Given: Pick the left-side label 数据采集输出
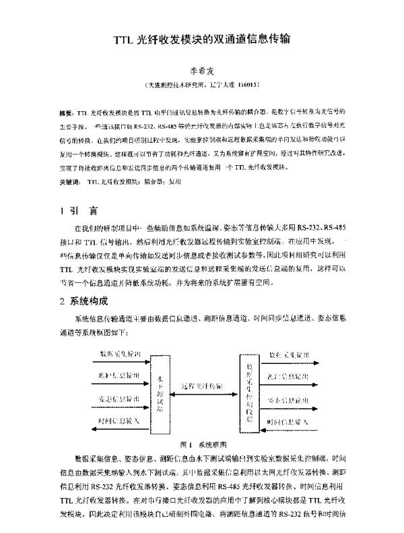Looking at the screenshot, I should point(120,353).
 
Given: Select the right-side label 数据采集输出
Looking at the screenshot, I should point(289,353).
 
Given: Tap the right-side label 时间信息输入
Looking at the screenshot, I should point(289,421).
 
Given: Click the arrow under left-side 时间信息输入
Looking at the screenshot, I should point(118,429).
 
